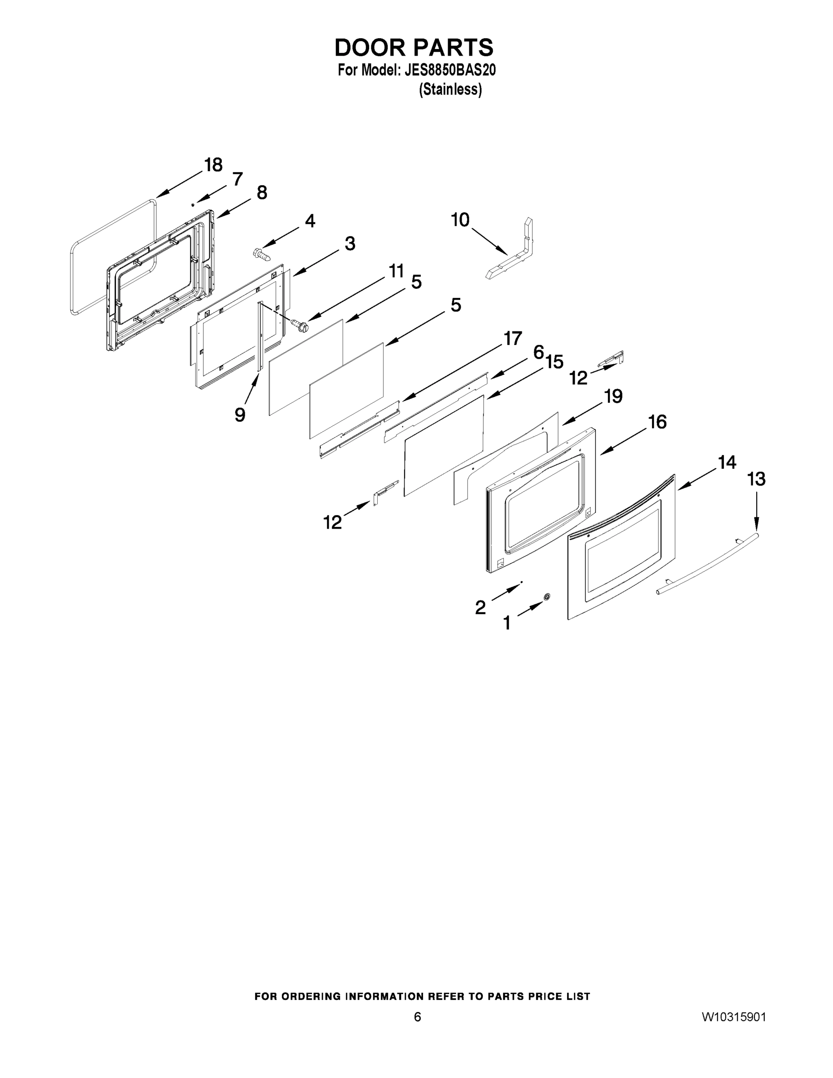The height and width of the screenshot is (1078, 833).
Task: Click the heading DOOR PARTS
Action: pos(414,48)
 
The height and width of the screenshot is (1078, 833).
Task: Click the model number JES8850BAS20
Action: pos(450,71)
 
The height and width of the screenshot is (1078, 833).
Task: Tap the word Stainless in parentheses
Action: pos(450,90)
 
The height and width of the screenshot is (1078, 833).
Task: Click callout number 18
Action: pos(213,165)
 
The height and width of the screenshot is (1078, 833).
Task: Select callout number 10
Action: pos(460,220)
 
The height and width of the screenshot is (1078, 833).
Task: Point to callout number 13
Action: pos(756,479)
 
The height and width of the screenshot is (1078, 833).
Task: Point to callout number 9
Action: pos(240,415)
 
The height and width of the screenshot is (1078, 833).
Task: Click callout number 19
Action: pos(613,396)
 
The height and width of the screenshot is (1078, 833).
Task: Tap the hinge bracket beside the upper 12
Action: pos(612,359)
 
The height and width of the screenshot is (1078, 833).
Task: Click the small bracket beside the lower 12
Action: pos(385,492)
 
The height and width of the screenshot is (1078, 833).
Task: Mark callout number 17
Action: pos(512,339)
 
